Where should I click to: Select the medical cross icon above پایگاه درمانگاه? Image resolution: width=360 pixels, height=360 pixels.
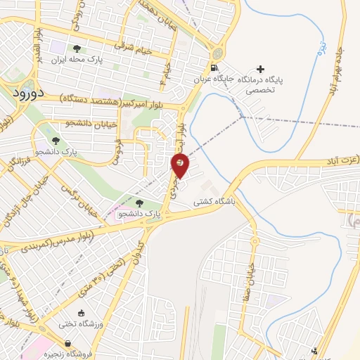click(x=261, y=69)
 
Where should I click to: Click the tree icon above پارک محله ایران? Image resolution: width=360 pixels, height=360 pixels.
click(x=76, y=49)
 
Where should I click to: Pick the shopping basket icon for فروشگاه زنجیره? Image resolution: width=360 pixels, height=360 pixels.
click(x=67, y=343)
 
